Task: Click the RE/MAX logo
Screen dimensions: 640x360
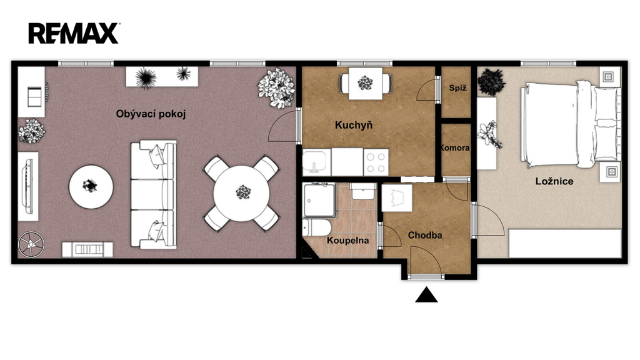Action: [74, 33]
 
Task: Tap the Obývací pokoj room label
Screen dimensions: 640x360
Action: [151, 114]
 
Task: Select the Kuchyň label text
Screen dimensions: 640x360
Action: [354, 125]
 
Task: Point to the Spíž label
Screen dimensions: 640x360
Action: [457, 87]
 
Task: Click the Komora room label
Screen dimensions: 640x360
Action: [454, 147]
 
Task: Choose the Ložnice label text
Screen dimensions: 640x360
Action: [554, 181]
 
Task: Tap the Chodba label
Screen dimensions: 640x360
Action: [425, 235]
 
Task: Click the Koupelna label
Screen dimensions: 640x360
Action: [347, 241]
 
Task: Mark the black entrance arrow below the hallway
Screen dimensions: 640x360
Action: [426, 295]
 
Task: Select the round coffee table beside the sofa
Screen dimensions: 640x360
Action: [91, 187]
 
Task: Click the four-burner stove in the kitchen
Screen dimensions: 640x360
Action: [376, 162]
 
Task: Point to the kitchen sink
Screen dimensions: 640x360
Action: [317, 162]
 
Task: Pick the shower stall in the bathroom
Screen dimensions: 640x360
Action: [319, 200]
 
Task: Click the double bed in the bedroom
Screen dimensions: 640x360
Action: [570, 124]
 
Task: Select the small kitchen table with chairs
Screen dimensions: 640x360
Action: [365, 83]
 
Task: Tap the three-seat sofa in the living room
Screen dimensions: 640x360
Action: [154, 195]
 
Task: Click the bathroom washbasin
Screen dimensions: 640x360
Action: [364, 191]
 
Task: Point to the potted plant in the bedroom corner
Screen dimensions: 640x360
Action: [491, 82]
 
